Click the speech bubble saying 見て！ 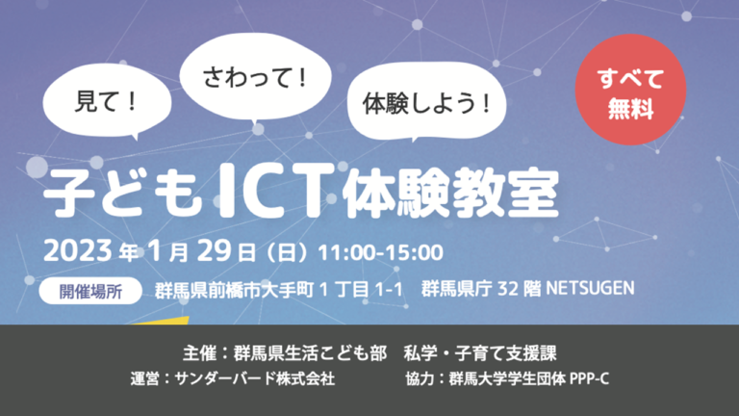[107, 100]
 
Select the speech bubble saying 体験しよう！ [426, 102]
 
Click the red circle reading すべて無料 [630, 90]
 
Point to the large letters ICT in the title [274, 191]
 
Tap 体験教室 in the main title [451, 193]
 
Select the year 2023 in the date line [78, 251]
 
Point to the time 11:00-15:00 [381, 253]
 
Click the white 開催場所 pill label [90, 291]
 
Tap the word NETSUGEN [590, 288]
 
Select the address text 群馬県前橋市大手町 [234, 290]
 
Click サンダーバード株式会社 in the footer [254, 378]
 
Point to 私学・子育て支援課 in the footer [480, 353]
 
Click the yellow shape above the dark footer [163, 321]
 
